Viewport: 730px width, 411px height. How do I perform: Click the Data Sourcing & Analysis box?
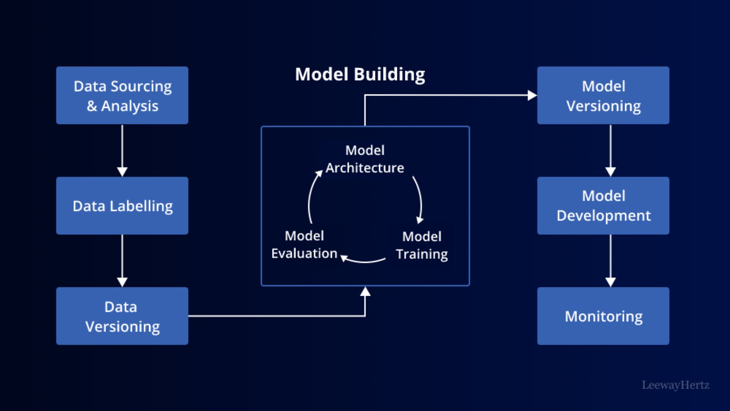pos(122,96)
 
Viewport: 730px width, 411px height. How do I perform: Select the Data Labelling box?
pos(122,205)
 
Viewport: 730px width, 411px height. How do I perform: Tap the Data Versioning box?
pos(122,316)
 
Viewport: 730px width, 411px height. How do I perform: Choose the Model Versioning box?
pos(603,96)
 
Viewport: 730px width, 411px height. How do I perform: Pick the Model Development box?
pos(603,205)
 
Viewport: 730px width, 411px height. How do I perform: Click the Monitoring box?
pos(603,316)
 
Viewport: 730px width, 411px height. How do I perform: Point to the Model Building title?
pos(360,75)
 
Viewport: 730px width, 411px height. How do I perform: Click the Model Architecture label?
pos(365,159)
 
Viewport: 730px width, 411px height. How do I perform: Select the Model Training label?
pos(422,245)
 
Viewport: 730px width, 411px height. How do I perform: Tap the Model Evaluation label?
pos(304,244)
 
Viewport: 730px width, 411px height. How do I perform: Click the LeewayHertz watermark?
pos(676,385)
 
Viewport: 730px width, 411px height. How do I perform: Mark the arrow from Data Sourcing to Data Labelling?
pos(122,151)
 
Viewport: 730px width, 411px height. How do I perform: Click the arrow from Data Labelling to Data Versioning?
pos(122,261)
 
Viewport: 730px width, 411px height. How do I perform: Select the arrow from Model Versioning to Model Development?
pos(611,151)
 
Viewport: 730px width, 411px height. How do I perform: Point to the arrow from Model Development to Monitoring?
pos(611,261)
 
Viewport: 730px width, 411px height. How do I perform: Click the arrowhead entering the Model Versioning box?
pos(532,95)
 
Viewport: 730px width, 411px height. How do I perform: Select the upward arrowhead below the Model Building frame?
pos(365,292)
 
